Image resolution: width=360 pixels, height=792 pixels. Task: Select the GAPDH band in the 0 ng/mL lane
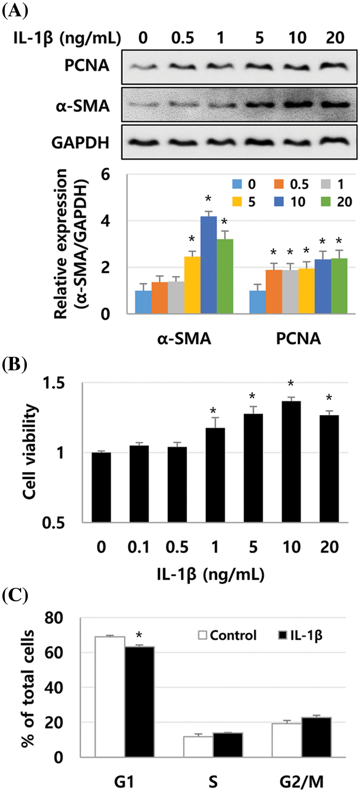click(x=143, y=143)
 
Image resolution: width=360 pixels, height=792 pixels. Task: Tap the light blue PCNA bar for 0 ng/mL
click(x=257, y=302)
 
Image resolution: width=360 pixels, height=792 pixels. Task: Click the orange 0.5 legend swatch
click(x=278, y=184)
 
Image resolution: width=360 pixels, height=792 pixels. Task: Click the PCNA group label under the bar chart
click(x=298, y=339)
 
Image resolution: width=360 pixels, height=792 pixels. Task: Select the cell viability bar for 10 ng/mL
click(x=291, y=462)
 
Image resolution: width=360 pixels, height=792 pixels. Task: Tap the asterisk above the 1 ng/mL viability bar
click(x=214, y=411)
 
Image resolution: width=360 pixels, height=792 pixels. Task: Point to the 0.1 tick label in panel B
click(x=138, y=547)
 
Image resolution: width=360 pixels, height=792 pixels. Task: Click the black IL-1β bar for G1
click(x=140, y=702)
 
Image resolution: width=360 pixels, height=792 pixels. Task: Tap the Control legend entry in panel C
click(x=228, y=635)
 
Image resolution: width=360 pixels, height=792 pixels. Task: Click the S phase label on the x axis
click(x=213, y=782)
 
